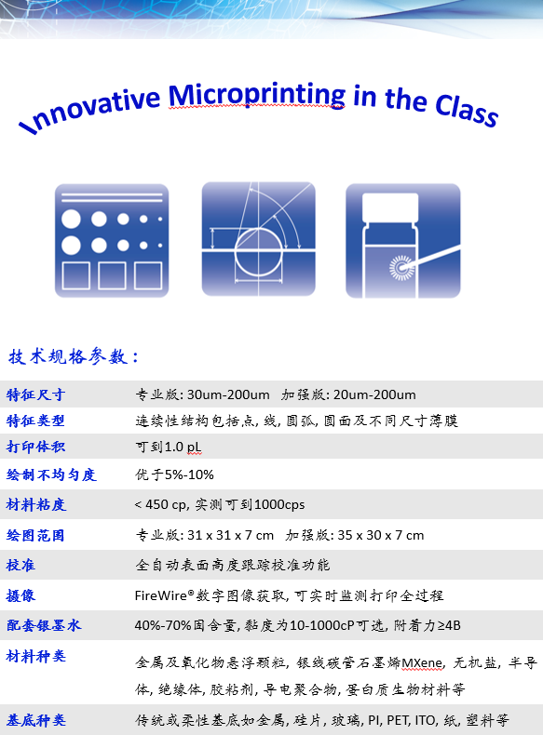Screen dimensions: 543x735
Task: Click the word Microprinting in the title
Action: [257, 95]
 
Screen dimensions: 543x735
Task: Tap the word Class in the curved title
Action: [467, 111]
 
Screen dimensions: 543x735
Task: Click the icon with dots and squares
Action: [112, 240]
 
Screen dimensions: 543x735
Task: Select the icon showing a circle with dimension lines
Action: [259, 239]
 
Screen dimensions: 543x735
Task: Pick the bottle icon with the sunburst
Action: [403, 240]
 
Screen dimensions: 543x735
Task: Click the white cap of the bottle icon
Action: [390, 207]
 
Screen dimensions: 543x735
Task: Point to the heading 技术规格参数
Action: [74, 356]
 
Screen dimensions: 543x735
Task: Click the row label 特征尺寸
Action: [35, 394]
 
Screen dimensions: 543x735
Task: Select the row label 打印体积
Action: [35, 447]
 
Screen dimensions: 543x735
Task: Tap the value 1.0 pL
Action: [183, 448]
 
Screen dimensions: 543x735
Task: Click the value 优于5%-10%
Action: [174, 474]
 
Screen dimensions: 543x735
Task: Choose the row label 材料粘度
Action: [36, 505]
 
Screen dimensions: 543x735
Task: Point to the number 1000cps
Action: [279, 505]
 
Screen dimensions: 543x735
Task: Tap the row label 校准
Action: [20, 566]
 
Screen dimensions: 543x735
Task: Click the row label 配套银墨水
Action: [44, 625]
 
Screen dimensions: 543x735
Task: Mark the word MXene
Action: [422, 663]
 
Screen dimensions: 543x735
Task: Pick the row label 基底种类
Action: [36, 720]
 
